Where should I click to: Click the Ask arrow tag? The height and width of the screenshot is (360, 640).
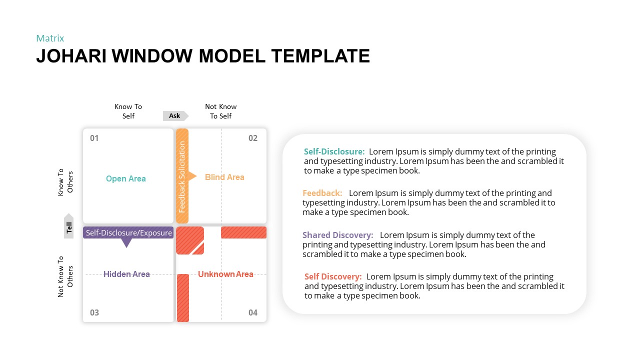click(x=175, y=115)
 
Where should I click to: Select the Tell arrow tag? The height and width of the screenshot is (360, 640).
click(x=68, y=225)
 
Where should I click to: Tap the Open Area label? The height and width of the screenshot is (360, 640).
click(x=125, y=178)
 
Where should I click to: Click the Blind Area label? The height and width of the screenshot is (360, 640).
click(x=224, y=177)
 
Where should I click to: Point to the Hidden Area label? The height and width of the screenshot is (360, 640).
click(x=126, y=274)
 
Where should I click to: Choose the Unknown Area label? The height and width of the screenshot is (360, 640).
click(x=225, y=274)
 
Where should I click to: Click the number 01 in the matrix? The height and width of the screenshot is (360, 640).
click(x=94, y=138)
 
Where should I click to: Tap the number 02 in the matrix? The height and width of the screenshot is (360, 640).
click(x=253, y=138)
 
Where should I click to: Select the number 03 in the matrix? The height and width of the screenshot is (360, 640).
click(x=94, y=312)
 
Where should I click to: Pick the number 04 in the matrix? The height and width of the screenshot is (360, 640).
click(x=253, y=312)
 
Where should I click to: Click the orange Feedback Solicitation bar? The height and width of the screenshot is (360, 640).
click(x=182, y=175)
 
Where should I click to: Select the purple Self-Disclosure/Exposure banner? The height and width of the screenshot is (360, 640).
click(x=128, y=233)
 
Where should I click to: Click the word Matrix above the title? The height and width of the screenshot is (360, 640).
click(x=50, y=38)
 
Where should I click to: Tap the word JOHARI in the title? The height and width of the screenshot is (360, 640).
click(x=71, y=56)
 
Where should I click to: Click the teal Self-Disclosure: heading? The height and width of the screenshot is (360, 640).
click(x=334, y=151)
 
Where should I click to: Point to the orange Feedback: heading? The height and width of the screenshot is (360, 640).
click(x=322, y=193)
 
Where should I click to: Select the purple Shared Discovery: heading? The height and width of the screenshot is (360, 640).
click(x=338, y=235)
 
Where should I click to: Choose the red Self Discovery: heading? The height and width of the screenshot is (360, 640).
click(x=333, y=276)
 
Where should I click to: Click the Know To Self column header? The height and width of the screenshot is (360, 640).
click(x=128, y=111)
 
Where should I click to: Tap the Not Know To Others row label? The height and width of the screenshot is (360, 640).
click(x=65, y=276)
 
